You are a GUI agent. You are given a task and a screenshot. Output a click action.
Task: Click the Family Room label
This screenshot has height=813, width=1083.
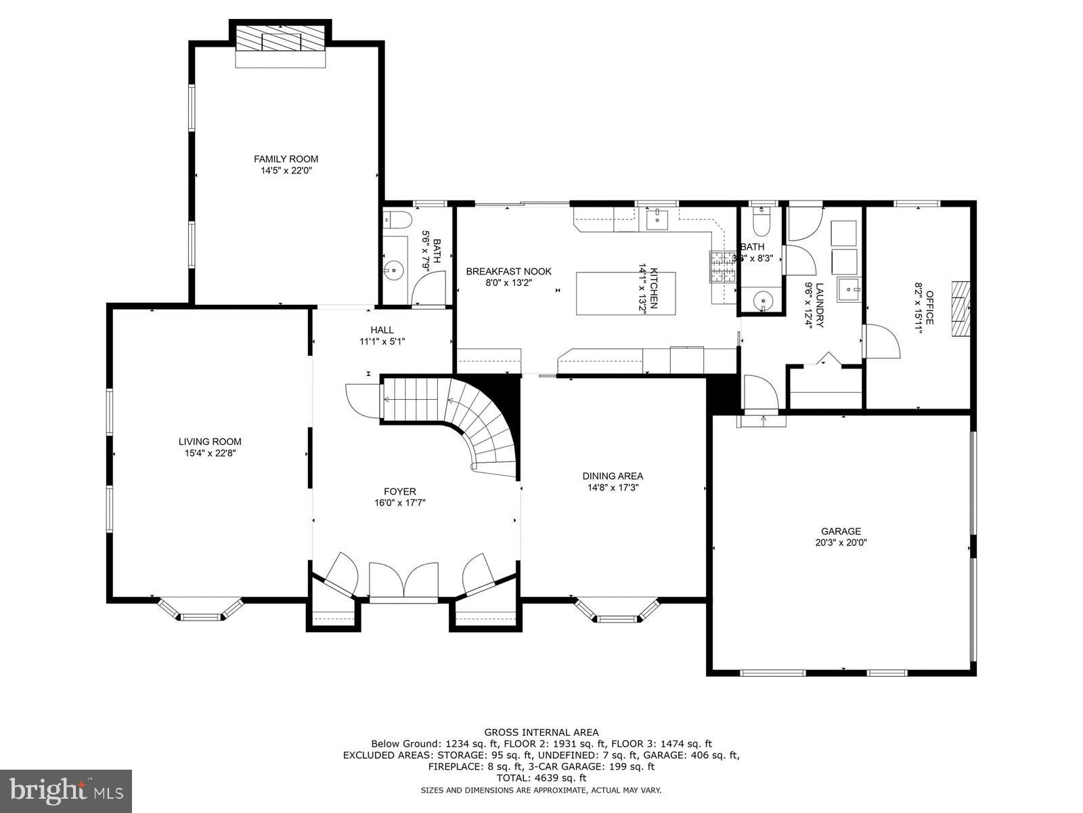pos(286,159)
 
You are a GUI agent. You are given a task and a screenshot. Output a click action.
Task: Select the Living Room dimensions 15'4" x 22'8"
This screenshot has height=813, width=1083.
pos(210,453)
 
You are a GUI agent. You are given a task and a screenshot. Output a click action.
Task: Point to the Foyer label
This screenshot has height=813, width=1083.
pos(400,492)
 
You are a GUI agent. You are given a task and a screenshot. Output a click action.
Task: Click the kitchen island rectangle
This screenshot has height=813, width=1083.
pos(626,293)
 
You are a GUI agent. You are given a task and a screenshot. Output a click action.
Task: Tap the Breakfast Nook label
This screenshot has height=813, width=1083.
pos(509,272)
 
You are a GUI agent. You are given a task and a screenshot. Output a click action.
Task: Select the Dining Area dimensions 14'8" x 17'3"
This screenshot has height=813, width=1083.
pos(613,487)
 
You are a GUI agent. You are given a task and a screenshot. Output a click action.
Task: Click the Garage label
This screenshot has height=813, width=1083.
pos(841,531)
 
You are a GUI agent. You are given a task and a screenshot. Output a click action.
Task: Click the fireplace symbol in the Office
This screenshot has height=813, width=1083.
pos(960,309)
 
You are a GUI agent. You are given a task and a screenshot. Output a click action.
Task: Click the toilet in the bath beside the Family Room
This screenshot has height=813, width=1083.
pos(397,220)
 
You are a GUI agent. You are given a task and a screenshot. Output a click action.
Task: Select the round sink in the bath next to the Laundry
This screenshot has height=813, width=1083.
pos(763,299)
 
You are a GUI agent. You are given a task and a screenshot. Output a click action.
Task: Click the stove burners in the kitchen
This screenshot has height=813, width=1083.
pos(721,266)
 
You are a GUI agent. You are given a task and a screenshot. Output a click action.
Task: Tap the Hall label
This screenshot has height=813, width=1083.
pos(382,330)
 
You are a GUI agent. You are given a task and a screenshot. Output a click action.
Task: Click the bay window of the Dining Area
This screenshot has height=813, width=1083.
pos(616,612)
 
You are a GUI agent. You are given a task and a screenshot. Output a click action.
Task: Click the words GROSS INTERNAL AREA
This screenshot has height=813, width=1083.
pos(541,732)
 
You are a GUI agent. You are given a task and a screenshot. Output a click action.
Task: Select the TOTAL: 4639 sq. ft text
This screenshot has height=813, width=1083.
pos(541,778)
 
